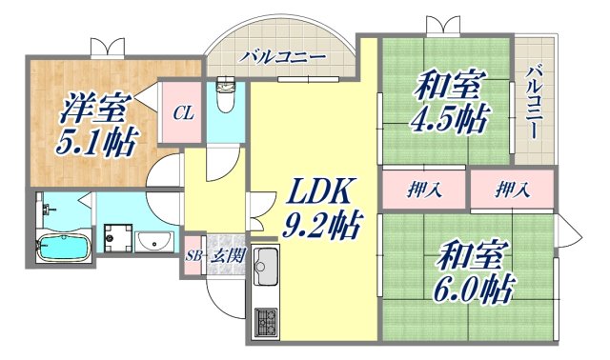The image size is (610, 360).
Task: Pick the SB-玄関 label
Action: coord(214,255)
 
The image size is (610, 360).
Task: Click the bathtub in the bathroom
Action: coord(63,247)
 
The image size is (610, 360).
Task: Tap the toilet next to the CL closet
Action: coord(225,95)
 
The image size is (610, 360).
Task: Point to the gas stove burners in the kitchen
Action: coord(265,322)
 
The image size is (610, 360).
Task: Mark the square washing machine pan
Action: coord(117,238)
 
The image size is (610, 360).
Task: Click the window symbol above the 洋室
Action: coord(107,45)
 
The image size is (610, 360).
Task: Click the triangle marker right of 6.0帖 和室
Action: coord(570,230)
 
